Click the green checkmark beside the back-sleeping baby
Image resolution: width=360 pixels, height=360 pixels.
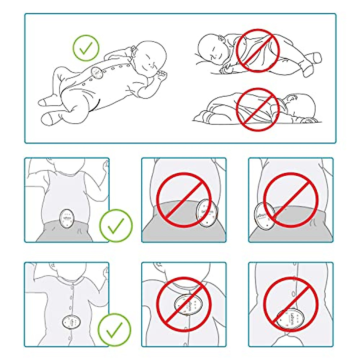click(x=86, y=49)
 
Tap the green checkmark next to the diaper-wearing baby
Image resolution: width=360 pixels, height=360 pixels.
click(x=116, y=226)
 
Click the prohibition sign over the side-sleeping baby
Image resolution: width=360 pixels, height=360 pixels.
click(x=258, y=50)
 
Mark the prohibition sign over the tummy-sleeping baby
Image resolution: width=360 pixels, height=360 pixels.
click(x=258, y=109)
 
